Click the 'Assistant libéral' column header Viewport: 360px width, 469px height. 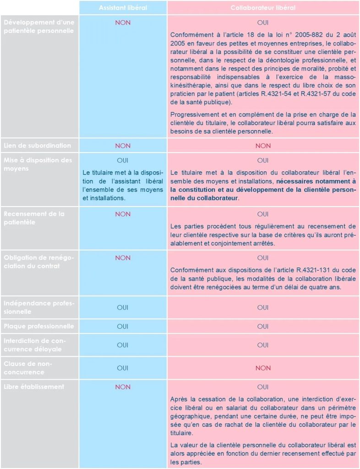click(123, 8)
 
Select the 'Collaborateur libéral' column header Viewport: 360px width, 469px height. click(263, 8)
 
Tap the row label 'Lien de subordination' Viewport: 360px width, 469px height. click(37, 146)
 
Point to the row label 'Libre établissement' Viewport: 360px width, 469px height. click(33, 387)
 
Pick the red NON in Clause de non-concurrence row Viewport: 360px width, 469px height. click(263, 368)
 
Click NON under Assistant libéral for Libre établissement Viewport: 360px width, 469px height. click(123, 387)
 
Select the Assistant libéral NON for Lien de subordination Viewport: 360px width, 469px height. click(123, 146)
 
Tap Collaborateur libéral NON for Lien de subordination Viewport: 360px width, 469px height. click(263, 146)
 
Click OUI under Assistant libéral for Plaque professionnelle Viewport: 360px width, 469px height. click(123, 327)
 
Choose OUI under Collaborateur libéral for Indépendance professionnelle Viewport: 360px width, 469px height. click(263, 308)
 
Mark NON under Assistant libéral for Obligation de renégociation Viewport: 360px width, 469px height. click(123, 258)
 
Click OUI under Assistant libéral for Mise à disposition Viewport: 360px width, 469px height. click(123, 160)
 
